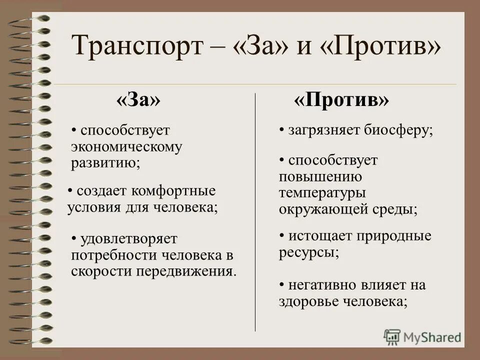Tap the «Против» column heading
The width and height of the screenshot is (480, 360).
pyautogui.click(x=341, y=100)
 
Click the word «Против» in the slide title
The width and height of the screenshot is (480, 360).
pyautogui.click(x=385, y=46)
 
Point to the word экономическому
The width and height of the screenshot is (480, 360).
pyautogui.click(x=126, y=147)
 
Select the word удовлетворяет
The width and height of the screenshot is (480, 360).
pyautogui.click(x=129, y=239)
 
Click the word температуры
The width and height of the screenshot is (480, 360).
pyautogui.click(x=322, y=193)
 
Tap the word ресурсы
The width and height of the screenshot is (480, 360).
pyautogui.click(x=308, y=252)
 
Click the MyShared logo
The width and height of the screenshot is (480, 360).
pyautogui.click(x=422, y=337)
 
